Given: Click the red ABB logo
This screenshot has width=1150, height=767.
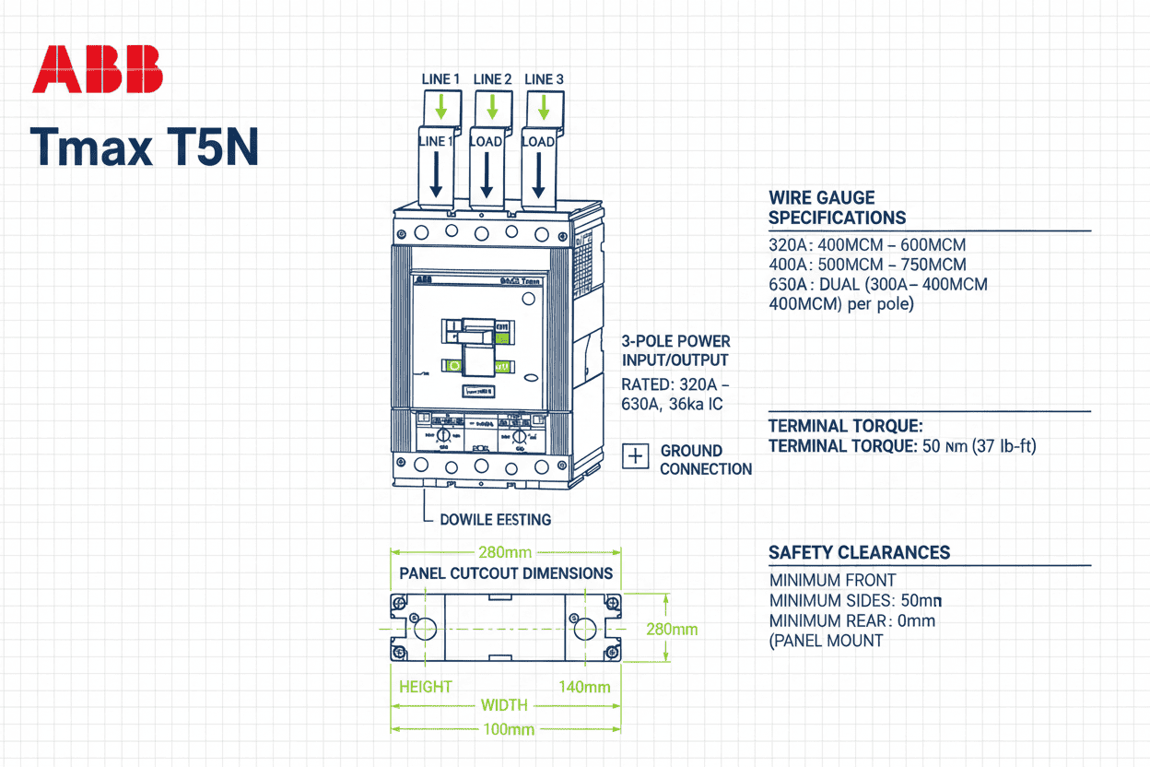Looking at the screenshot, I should pyautogui.click(x=97, y=70).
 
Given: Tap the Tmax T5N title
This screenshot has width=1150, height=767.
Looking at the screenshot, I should pyautogui.click(x=145, y=147).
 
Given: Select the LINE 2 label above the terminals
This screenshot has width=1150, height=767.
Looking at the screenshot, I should pyautogui.click(x=492, y=79).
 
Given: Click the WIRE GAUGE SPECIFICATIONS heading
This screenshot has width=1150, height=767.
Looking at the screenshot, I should pyautogui.click(x=837, y=207).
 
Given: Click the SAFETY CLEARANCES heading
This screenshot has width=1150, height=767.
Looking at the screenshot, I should pyautogui.click(x=859, y=553).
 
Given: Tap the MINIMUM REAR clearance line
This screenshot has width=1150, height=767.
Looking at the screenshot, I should pyautogui.click(x=851, y=620).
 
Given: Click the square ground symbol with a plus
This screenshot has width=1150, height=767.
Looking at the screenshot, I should pyautogui.click(x=636, y=455).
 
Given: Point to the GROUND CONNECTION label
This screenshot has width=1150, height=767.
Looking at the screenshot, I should pyautogui.click(x=706, y=460).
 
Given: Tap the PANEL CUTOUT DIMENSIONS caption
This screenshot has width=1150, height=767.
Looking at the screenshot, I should pyautogui.click(x=505, y=573).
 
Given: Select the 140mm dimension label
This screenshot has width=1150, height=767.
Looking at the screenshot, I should pyautogui.click(x=584, y=687).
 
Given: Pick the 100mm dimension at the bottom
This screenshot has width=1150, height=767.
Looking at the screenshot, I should pyautogui.click(x=506, y=729).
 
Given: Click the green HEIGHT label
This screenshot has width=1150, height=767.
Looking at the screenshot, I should pyautogui.click(x=425, y=687).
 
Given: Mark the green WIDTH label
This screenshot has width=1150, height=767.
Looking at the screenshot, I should pyautogui.click(x=504, y=705).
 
